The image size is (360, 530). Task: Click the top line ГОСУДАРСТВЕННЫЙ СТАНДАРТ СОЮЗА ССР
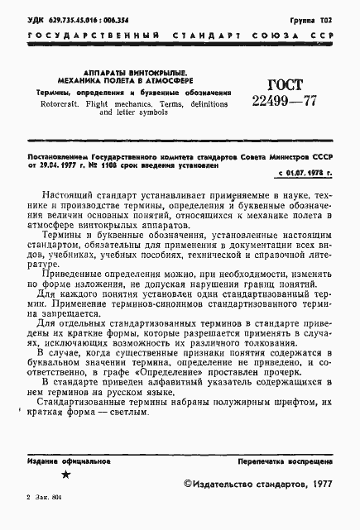coord(180,36)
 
